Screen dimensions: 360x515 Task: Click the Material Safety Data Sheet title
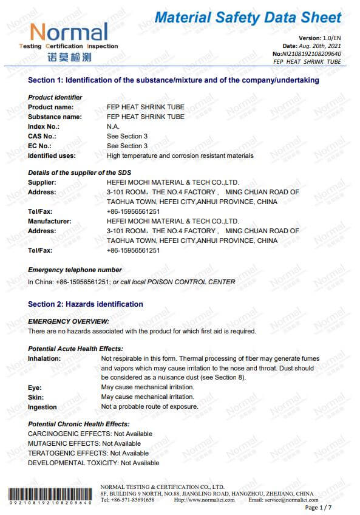[248, 18]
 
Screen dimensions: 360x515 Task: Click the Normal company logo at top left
[69, 40]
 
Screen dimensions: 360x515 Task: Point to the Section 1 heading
[174, 80]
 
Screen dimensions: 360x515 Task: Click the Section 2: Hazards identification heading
[86, 304]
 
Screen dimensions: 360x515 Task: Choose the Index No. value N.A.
[113, 126]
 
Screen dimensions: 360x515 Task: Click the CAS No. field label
[42, 136]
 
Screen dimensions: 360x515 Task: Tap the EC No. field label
[39, 146]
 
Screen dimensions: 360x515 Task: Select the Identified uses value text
[180, 155]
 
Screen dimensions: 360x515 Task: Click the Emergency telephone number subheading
[75, 270]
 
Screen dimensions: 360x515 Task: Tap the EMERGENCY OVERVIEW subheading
[69, 321]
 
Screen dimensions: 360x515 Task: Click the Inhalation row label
[44, 358]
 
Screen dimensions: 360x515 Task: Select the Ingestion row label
[42, 407]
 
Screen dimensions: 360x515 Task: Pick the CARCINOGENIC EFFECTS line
[90, 434]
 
